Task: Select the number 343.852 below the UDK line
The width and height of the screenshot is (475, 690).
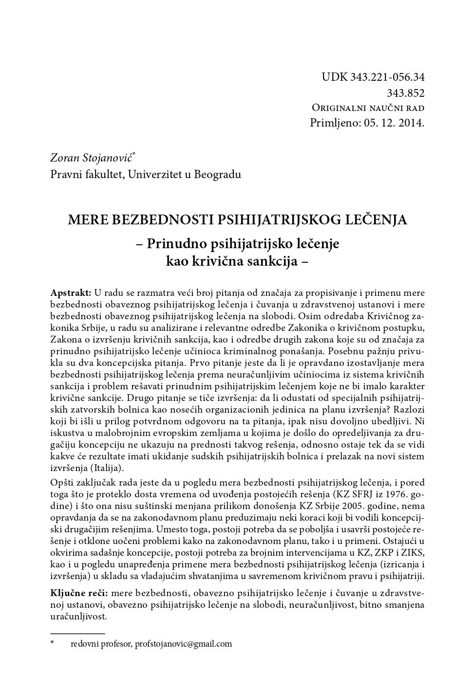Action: pyautogui.click(x=405, y=92)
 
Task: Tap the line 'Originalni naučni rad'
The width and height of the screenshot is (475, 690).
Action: pyautogui.click(x=368, y=108)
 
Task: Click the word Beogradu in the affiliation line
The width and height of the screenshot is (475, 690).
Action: pyautogui.click(x=217, y=174)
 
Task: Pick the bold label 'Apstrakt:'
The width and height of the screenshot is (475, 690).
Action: pyautogui.click(x=71, y=293)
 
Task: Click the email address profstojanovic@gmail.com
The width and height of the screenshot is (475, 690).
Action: pyautogui.click(x=183, y=644)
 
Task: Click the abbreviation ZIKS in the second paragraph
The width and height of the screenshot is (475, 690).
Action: pyautogui.click(x=412, y=553)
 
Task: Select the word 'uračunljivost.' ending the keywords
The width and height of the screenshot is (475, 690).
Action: pyautogui.click(x=78, y=617)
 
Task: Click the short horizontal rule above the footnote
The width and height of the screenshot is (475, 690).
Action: pyautogui.click(x=78, y=634)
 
